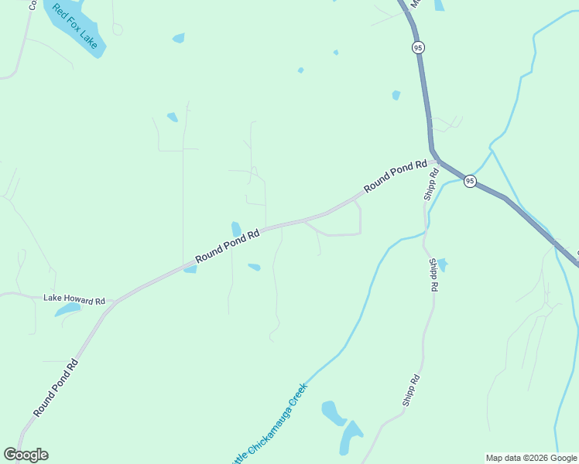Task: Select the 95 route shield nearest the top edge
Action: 418,47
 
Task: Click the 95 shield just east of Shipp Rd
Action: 470,181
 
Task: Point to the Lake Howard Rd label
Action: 74,299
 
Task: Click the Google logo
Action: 26,455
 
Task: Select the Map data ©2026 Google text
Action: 531,458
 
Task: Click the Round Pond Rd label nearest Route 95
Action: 396,176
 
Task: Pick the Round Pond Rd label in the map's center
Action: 227,246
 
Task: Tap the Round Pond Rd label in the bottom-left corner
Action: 55,387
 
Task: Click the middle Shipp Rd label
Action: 433,275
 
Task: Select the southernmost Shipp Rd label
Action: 410,391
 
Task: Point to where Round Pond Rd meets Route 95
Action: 435,160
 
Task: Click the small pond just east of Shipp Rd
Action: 442,264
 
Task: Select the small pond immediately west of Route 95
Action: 396,95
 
